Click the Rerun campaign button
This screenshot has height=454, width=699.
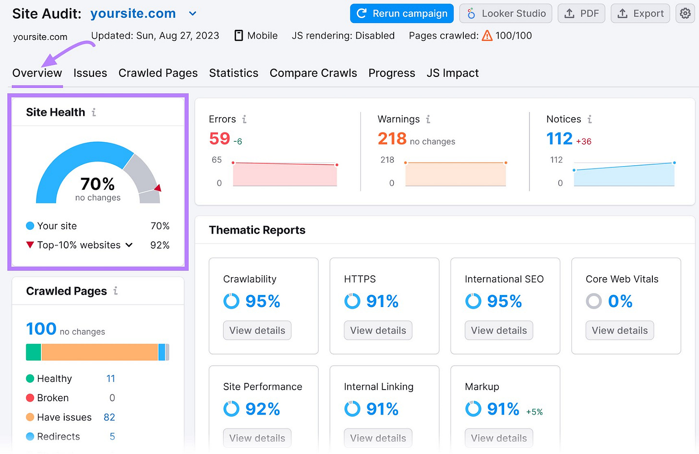(x=402, y=13)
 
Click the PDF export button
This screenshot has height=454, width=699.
(x=581, y=13)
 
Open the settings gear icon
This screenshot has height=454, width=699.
(x=685, y=13)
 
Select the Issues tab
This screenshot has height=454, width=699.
(x=90, y=73)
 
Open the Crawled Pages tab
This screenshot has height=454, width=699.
(x=158, y=73)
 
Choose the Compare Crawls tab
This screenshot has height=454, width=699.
(x=313, y=73)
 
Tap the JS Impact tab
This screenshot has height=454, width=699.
(x=452, y=73)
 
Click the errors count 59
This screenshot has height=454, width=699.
(x=219, y=139)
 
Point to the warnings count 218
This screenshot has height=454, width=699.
(x=392, y=139)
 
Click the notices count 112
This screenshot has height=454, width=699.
(x=559, y=139)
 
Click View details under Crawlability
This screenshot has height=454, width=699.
(x=257, y=331)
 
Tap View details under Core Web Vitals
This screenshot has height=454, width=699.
(x=619, y=331)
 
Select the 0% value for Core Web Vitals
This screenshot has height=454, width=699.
(x=620, y=301)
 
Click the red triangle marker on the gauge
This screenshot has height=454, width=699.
(x=157, y=188)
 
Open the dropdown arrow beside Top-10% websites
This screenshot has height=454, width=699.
(x=129, y=245)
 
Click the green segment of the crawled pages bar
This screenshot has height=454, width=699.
(x=33, y=352)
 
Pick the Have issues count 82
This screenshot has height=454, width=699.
(x=109, y=417)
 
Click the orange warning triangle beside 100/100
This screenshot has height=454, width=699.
(x=487, y=36)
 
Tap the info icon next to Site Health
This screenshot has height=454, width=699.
(x=94, y=112)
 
